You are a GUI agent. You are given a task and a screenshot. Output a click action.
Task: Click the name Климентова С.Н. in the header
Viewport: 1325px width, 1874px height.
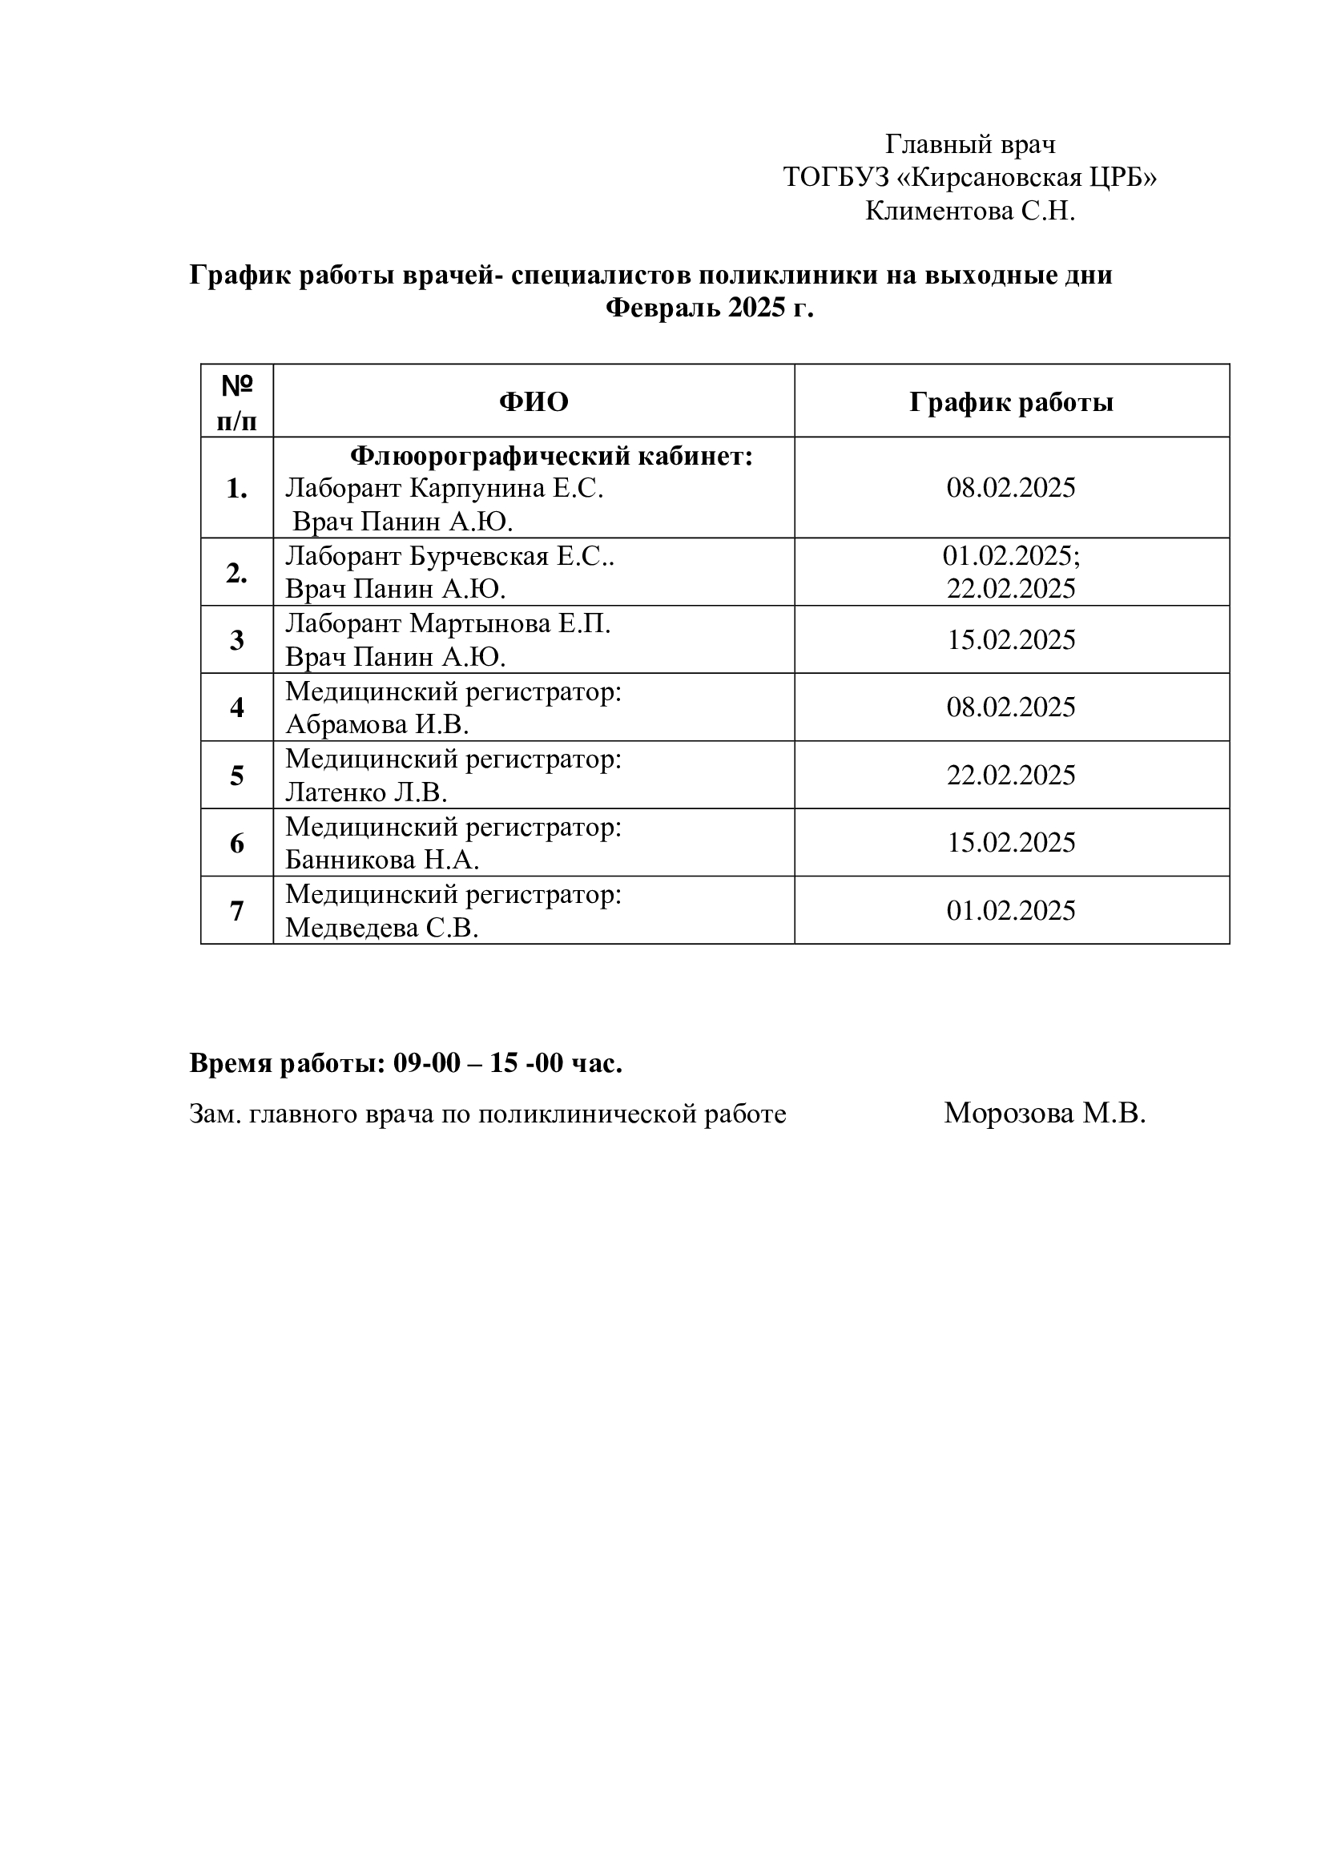coord(970,212)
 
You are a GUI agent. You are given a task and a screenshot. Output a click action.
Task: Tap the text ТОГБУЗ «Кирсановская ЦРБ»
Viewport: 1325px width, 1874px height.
coord(970,177)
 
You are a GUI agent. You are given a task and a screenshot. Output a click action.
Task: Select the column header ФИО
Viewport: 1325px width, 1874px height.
coord(534,401)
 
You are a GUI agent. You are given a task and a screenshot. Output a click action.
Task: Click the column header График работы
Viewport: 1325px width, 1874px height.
coord(1011,401)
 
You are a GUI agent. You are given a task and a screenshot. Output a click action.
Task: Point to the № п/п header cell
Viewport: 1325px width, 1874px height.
coord(236,401)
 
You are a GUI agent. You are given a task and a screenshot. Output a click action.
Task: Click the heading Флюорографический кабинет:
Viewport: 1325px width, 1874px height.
coord(551,456)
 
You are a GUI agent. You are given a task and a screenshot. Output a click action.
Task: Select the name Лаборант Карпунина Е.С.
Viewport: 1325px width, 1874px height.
coord(444,488)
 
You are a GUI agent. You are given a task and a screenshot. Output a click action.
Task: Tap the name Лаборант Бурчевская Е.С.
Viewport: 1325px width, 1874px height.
coord(449,556)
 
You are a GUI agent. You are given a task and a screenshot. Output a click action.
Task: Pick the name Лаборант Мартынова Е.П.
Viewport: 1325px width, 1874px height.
coord(447,623)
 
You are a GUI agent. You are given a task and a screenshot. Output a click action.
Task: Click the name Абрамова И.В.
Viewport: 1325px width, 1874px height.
coord(377,725)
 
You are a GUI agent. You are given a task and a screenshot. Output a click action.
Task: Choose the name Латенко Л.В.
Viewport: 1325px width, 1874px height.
coord(366,792)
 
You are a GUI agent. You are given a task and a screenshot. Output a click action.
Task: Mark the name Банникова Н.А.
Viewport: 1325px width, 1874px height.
coord(382,860)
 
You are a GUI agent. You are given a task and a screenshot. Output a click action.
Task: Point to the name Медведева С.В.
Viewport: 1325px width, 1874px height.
coord(381,928)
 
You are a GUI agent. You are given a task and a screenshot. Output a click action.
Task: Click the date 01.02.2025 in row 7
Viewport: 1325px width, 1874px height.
coord(1011,910)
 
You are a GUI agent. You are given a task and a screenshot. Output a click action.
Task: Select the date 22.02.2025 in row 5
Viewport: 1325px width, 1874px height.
coord(1011,775)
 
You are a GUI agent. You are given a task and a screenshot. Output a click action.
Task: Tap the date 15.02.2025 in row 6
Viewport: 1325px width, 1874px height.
coord(1011,842)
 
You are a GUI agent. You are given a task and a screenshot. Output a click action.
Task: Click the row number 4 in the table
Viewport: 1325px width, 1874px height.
coord(236,707)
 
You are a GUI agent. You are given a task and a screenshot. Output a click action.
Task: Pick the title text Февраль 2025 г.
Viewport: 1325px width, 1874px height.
coord(709,308)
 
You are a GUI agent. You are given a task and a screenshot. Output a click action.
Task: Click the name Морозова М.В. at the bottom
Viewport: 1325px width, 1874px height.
coord(1045,1114)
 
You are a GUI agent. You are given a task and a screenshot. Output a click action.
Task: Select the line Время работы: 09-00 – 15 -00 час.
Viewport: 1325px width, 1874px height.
coord(405,1062)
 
